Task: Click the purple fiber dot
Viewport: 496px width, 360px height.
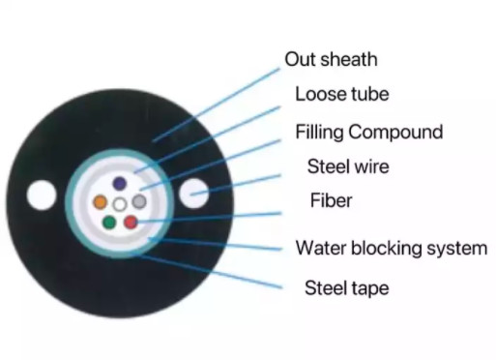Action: [119, 183]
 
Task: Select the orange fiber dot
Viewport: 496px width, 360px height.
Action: [100, 203]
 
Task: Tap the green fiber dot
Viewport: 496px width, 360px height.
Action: [109, 224]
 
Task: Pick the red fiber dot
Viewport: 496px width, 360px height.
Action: [131, 224]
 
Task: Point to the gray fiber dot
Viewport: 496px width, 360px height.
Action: [140, 202]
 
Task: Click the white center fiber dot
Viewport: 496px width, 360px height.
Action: [120, 204]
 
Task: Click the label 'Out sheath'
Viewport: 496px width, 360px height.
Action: [331, 59]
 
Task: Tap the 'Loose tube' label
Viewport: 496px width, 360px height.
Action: [341, 95]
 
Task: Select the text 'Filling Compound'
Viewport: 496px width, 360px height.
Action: [368, 132]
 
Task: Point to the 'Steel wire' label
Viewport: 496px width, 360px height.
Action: [348, 166]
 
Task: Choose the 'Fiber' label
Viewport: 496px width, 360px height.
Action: [331, 201]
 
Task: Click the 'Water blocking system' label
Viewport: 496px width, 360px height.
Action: [391, 248]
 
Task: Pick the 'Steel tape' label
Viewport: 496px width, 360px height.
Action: [347, 287]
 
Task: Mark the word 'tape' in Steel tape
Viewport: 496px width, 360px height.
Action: [370, 288]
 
